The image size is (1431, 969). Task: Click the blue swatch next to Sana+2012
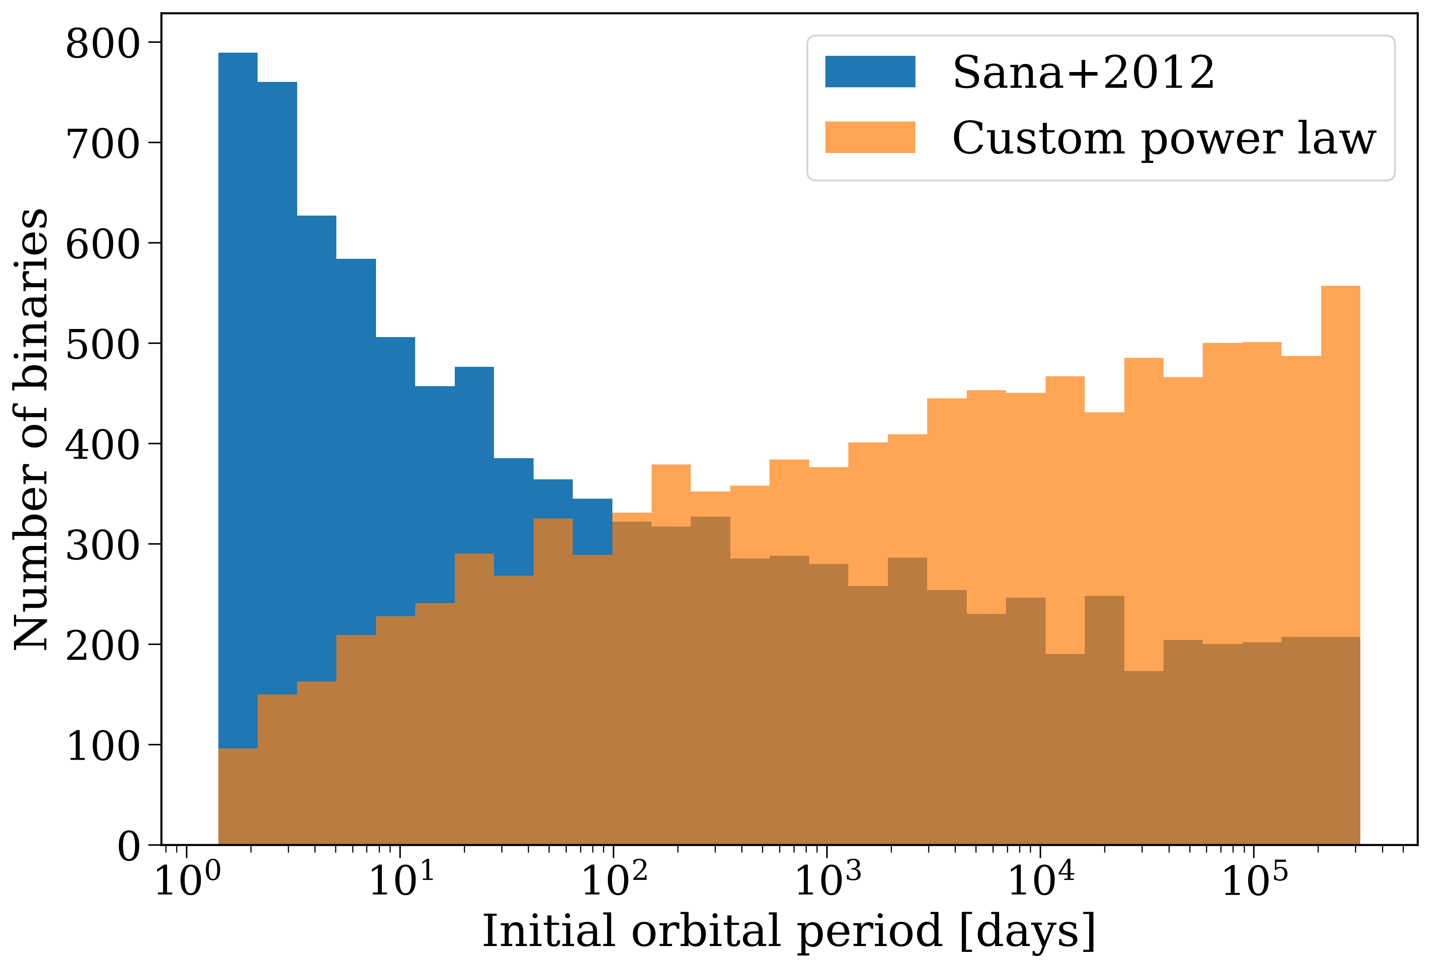click(x=869, y=72)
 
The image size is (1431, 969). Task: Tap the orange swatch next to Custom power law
click(x=869, y=137)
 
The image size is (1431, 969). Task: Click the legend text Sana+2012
click(x=1083, y=72)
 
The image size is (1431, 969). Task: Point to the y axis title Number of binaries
click(x=31, y=429)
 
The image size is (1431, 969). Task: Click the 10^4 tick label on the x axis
click(x=1041, y=882)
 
